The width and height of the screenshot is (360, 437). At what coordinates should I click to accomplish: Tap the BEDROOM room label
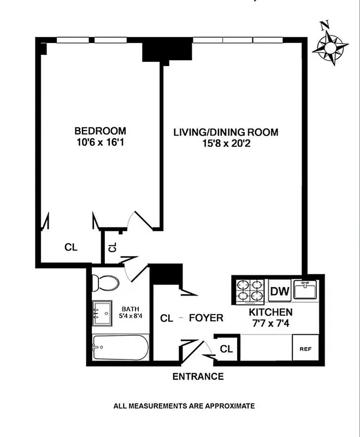click(x=100, y=131)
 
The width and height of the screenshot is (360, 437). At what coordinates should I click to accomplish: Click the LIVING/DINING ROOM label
click(x=226, y=132)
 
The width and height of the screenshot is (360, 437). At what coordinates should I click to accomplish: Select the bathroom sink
click(x=102, y=312)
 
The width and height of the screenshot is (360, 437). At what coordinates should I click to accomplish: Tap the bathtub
click(x=120, y=347)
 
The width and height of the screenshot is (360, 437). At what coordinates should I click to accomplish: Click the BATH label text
click(x=131, y=308)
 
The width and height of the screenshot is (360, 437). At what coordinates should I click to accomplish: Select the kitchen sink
click(x=305, y=289)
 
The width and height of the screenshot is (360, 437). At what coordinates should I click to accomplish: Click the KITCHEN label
click(x=271, y=312)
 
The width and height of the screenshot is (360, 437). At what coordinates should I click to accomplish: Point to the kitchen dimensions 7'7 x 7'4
click(x=271, y=324)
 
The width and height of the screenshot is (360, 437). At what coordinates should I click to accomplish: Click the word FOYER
click(x=206, y=318)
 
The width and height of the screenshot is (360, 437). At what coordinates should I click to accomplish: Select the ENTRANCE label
click(x=198, y=376)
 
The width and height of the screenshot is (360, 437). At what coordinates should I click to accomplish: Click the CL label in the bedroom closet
click(x=71, y=247)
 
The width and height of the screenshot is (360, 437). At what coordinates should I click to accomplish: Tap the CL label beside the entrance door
click(x=227, y=349)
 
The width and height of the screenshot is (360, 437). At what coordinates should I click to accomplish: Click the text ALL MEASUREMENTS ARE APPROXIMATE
click(x=184, y=406)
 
